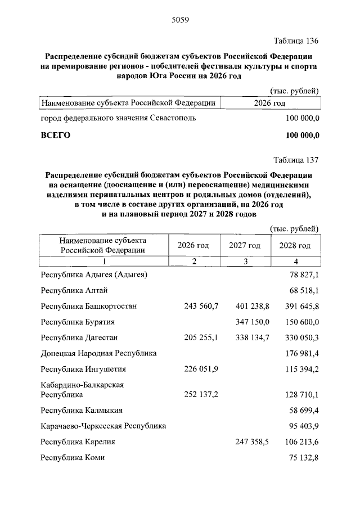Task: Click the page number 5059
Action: (x=179, y=21)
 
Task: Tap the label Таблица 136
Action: (x=296, y=42)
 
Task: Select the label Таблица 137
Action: (x=296, y=159)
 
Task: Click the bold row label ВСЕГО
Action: (x=55, y=136)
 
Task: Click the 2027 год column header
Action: (x=245, y=246)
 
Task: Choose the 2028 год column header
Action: (x=295, y=246)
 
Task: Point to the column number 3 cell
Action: (x=245, y=261)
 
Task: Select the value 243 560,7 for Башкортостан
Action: (x=201, y=306)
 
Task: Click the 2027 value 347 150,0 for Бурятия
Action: (x=252, y=322)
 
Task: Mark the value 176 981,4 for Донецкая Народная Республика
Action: (x=300, y=353)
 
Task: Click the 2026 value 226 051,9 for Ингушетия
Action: (x=201, y=369)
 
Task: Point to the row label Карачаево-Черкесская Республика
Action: (x=103, y=426)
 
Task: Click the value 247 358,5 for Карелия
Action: (x=252, y=442)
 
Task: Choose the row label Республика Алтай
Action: (x=74, y=290)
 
